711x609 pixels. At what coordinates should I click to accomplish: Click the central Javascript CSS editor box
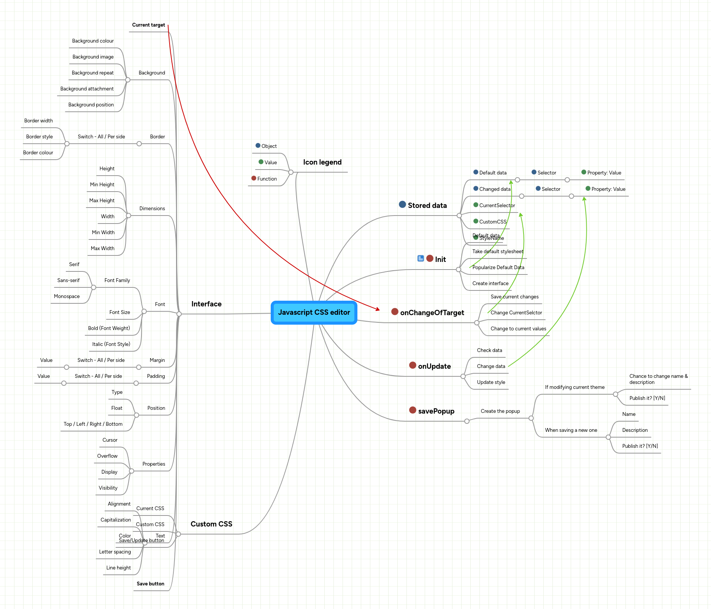tap(314, 312)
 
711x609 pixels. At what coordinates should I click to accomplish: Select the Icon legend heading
tap(322, 162)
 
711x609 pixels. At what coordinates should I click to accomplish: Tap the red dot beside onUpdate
tap(413, 365)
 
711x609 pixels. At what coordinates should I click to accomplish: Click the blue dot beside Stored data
tap(402, 205)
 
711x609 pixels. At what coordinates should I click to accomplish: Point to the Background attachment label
tap(87, 89)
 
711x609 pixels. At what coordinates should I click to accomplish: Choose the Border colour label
tap(38, 153)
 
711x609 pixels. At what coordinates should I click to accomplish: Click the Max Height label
tap(102, 201)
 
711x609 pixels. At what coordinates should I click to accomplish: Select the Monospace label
tap(67, 297)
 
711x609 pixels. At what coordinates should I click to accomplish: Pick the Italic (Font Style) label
tap(111, 344)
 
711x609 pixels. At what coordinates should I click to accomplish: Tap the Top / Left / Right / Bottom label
tap(93, 424)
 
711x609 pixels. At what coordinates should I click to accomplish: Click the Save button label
tap(151, 584)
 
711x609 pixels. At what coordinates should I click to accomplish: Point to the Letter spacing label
tap(115, 552)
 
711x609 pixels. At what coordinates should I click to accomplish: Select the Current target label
tap(148, 25)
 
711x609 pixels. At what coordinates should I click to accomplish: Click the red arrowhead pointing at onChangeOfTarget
tap(378, 309)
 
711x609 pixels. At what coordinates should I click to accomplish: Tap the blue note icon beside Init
tap(421, 259)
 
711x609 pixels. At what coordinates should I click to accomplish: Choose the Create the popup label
tap(500, 411)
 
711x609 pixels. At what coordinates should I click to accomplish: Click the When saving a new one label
tap(571, 430)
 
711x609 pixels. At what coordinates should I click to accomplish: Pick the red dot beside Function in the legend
tap(254, 178)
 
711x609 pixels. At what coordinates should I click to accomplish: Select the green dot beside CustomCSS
tap(476, 221)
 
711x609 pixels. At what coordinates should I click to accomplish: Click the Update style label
tap(491, 382)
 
